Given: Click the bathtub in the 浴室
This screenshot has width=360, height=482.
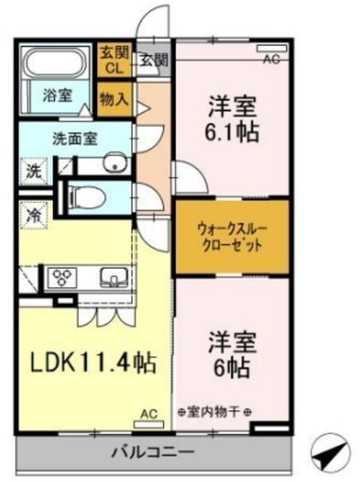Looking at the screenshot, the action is coord(55,63).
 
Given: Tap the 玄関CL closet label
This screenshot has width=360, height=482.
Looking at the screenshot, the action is coord(114,60).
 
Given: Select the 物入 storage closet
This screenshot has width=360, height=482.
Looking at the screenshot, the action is coord(115,99).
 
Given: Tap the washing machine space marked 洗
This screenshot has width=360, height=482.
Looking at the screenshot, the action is coord(34,172).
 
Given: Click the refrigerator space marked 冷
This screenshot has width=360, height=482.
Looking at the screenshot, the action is coord(34,215).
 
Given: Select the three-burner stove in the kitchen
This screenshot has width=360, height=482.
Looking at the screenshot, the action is coord(63,278).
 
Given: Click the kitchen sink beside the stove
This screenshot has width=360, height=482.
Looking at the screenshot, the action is coord(114,277).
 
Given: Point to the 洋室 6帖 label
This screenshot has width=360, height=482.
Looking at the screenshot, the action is coord(232,354).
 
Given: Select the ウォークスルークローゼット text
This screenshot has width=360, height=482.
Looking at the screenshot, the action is coord(232,237).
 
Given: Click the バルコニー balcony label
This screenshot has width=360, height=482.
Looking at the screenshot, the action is coord(153,452).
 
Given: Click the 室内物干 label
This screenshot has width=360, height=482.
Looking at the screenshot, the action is coord(215,411).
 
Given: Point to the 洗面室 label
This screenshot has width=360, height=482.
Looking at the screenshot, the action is coord(75,139).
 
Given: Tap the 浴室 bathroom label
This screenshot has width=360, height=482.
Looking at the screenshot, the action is coord(57,96).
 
